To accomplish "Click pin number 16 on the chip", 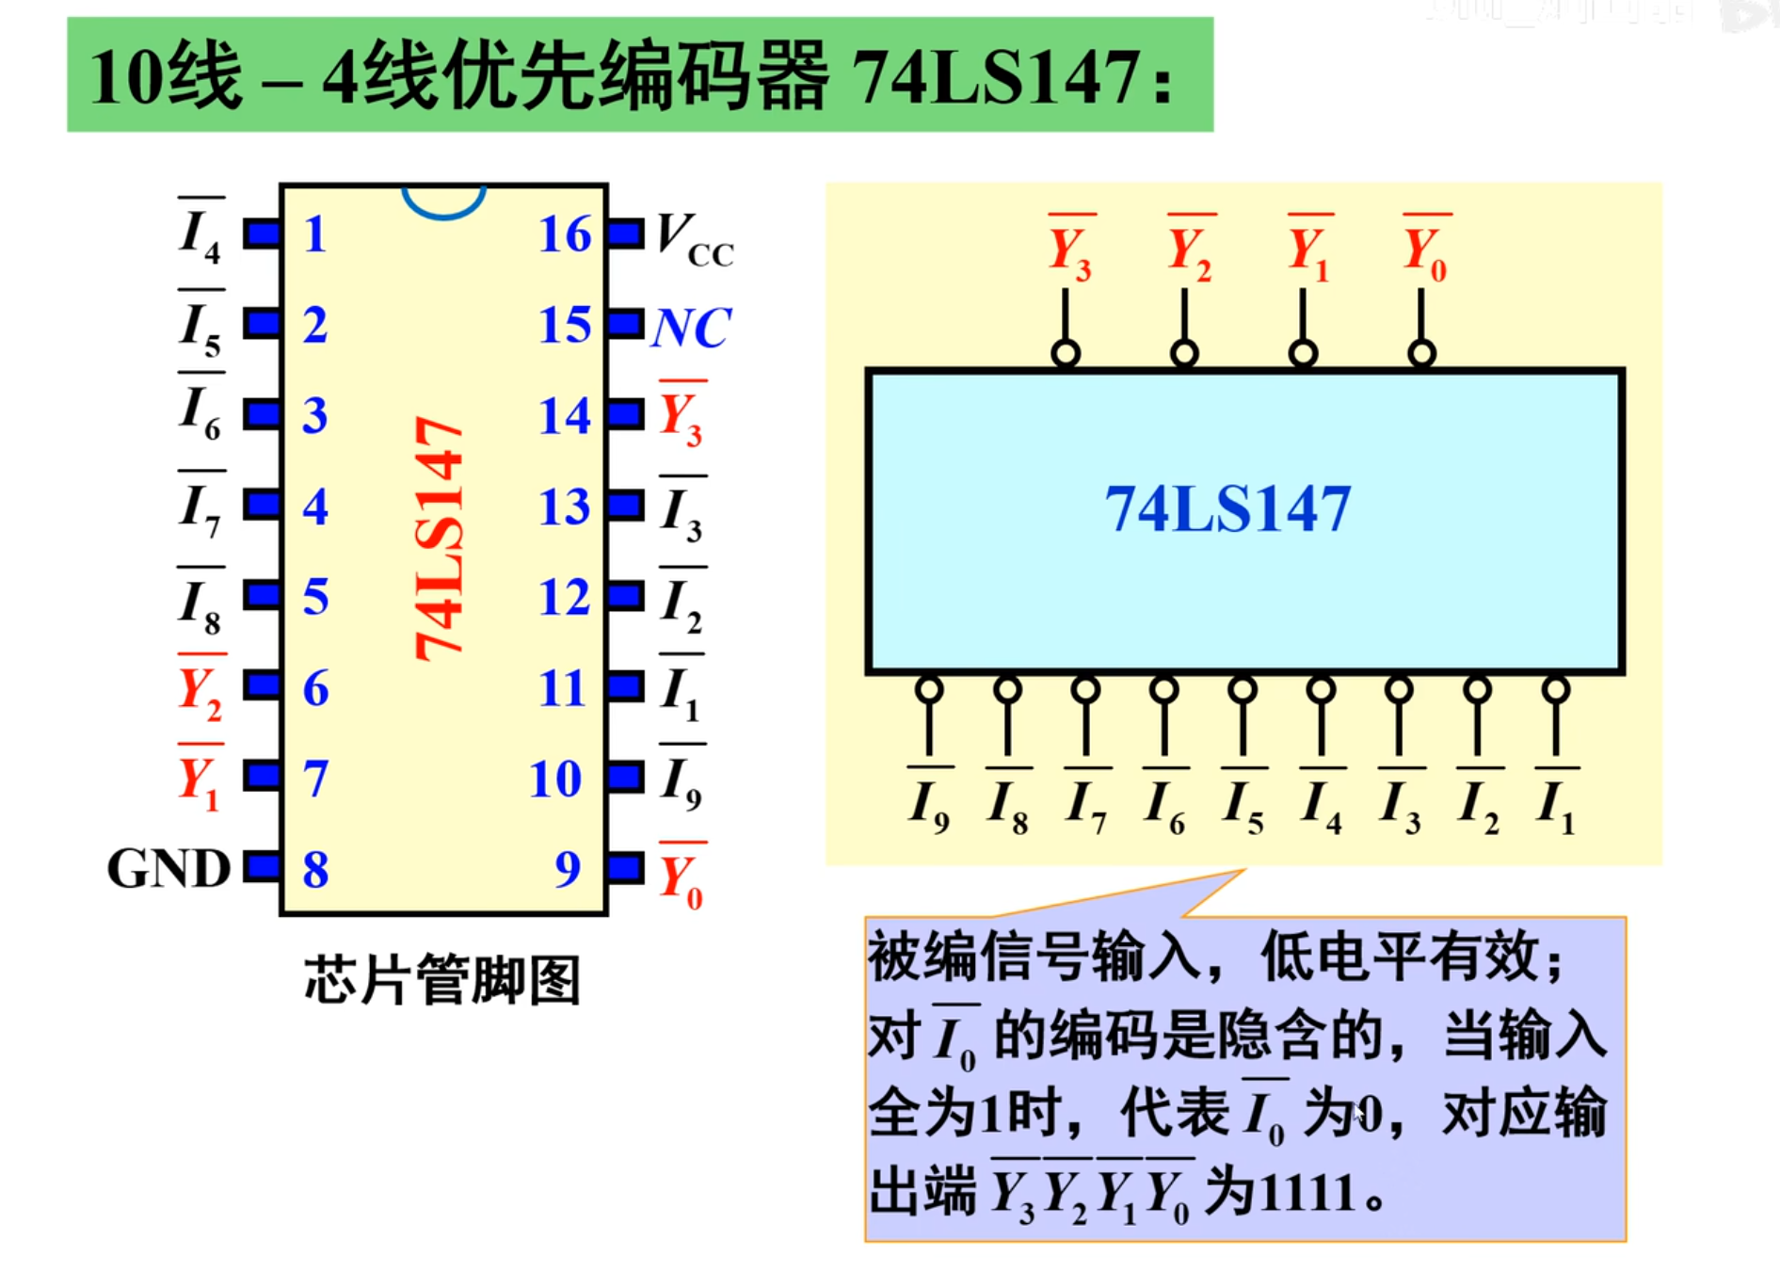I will pos(565,233).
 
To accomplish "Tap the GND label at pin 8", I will pos(168,868).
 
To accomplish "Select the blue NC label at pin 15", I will pos(691,328).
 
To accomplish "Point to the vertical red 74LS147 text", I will pos(440,539).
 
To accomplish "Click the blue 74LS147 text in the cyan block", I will pos(1227,509).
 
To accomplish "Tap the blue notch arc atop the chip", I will pos(443,202).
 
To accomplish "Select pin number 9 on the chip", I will pos(568,868).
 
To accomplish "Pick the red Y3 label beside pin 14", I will pos(681,417).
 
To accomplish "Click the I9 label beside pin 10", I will pos(681,782).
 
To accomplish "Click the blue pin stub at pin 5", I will pos(262,595).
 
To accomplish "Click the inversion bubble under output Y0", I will pos(1421,354).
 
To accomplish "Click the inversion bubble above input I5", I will pos(1243,689).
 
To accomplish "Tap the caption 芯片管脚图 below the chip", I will pos(442,980).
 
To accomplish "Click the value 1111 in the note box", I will pos(1308,1194).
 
